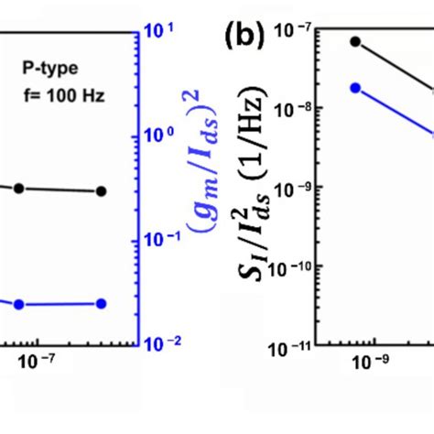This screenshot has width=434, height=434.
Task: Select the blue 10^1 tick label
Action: pyautogui.click(x=159, y=35)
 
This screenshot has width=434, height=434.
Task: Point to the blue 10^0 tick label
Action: pyautogui.click(x=159, y=136)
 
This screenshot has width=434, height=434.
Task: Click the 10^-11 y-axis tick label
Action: pyautogui.click(x=304, y=348)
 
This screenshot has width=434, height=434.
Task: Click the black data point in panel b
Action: pyautogui.click(x=356, y=42)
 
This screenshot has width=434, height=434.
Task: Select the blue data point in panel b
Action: pyautogui.click(x=356, y=88)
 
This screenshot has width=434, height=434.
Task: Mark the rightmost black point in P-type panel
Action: pyautogui.click(x=101, y=191)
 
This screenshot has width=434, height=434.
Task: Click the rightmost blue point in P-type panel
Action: pyautogui.click(x=101, y=304)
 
